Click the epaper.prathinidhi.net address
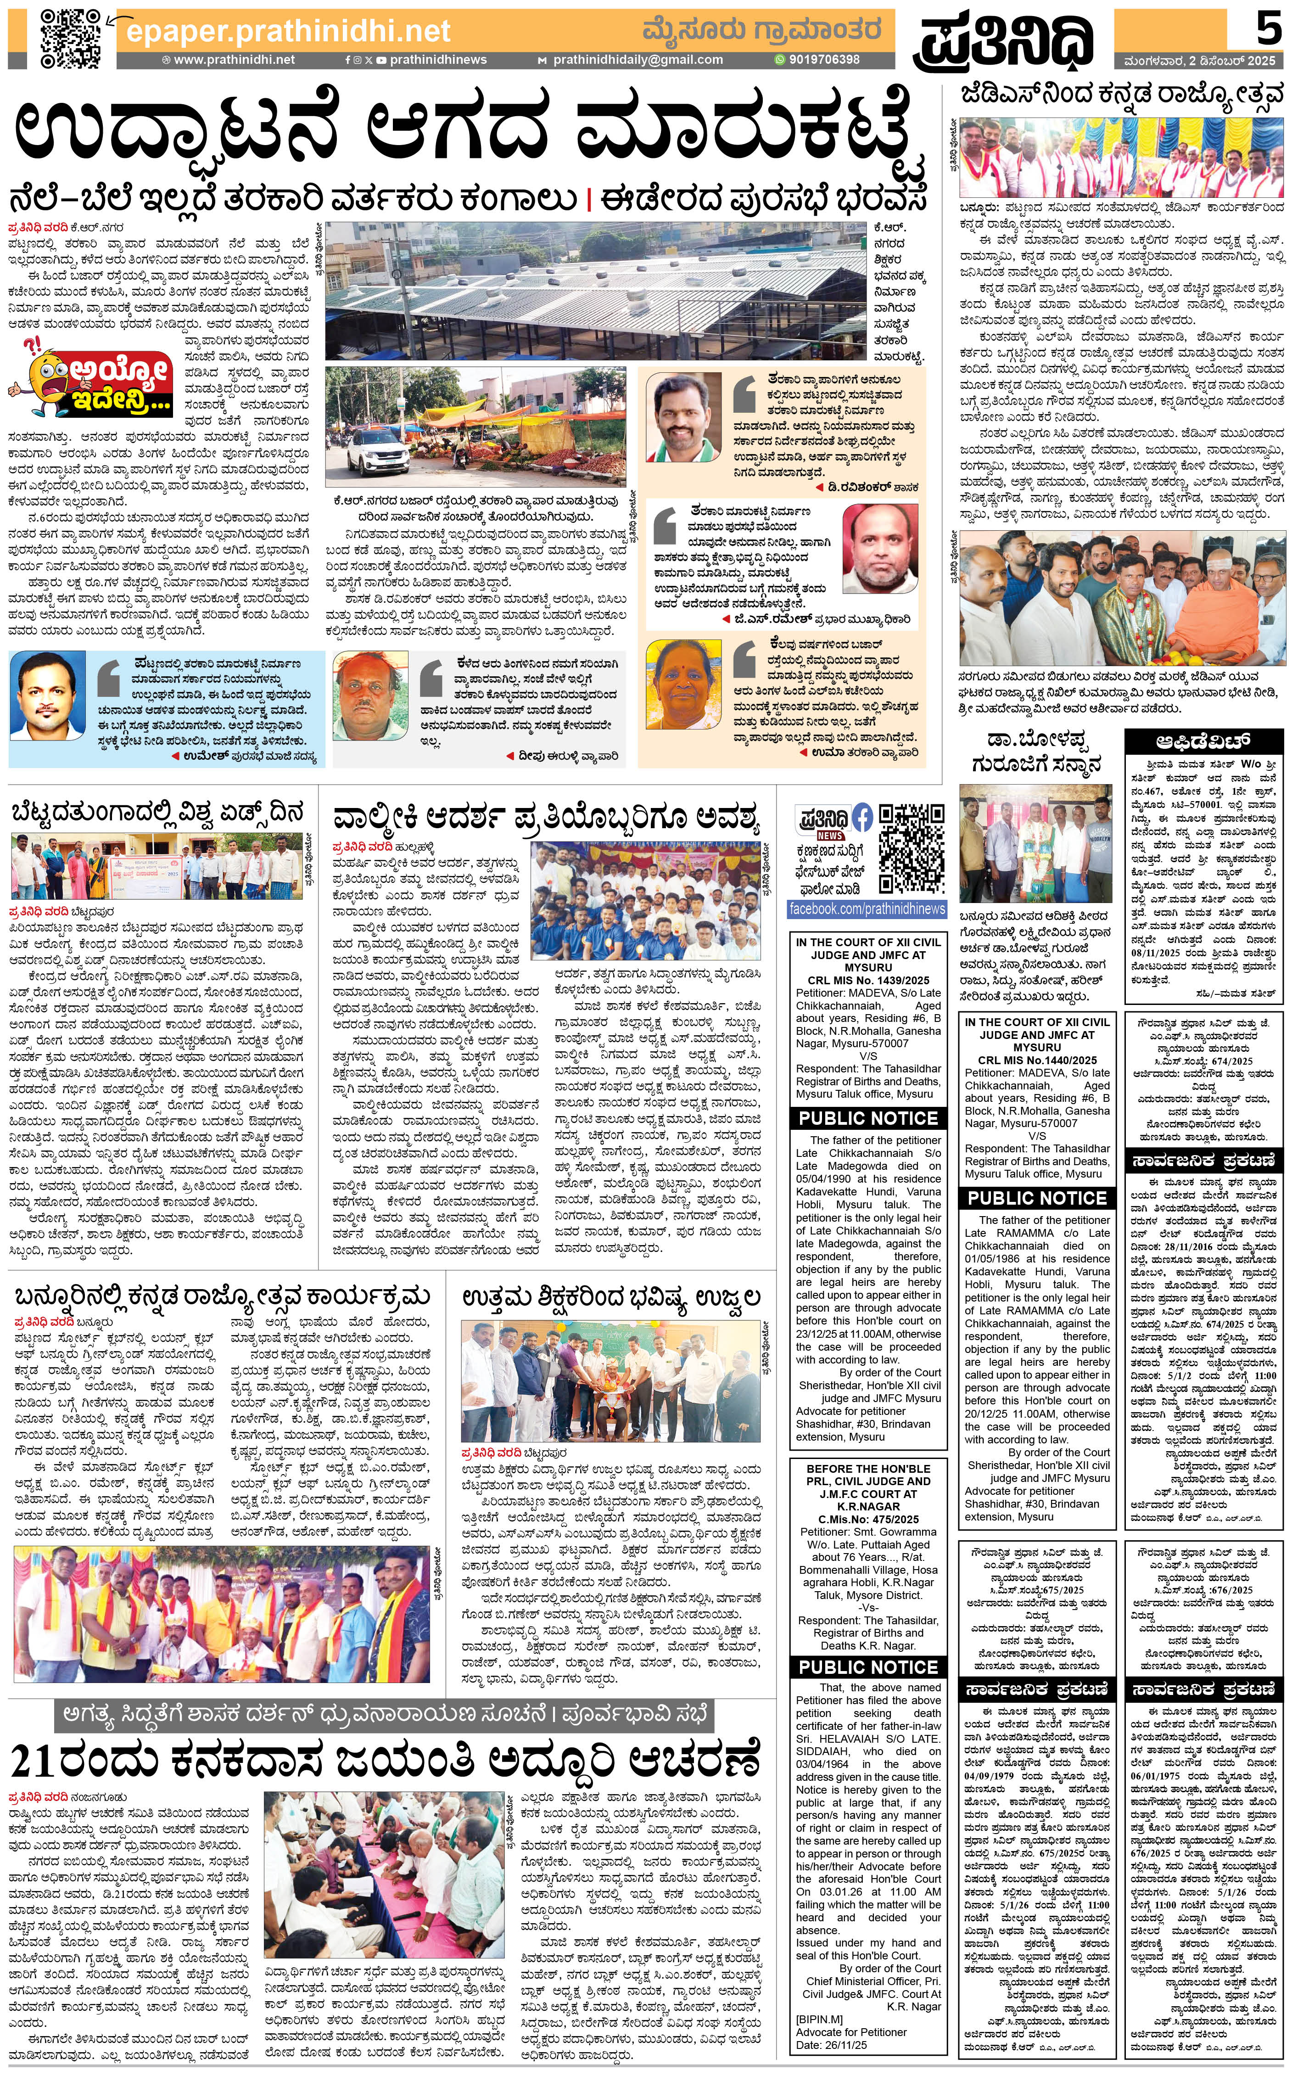pyautogui.click(x=288, y=32)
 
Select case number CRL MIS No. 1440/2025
pyautogui.click(x=1036, y=1060)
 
